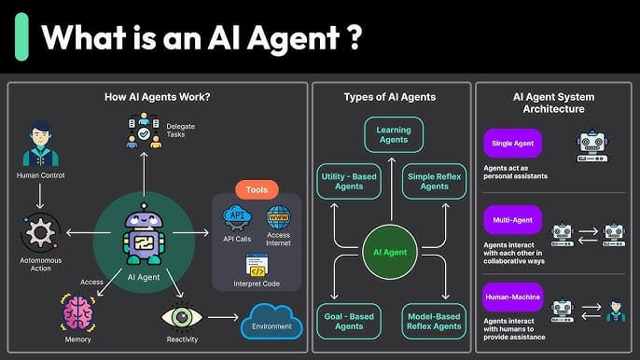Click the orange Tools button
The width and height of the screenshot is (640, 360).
[257, 189]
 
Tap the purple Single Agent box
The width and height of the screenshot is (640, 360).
[512, 144]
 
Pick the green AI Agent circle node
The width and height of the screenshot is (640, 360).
[389, 252]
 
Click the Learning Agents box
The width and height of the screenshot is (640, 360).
[393, 134]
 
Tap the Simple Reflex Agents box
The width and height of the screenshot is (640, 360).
[434, 181]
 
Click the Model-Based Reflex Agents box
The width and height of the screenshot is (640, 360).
[434, 320]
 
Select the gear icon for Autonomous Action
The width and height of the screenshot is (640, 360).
[39, 232]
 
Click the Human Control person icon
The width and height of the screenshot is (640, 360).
[39, 145]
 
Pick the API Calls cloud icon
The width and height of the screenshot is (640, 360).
[237, 218]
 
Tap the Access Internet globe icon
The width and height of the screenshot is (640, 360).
[279, 217]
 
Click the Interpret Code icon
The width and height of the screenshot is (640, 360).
[257, 267]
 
